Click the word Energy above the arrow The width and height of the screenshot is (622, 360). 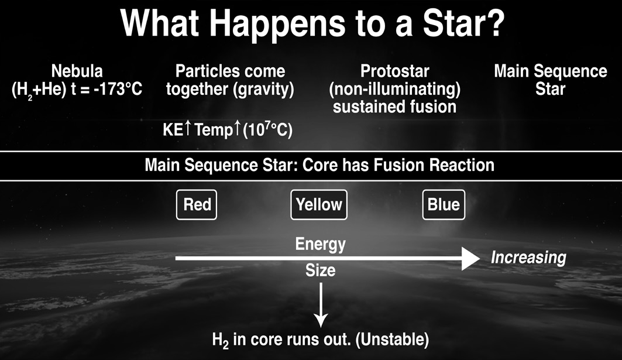(321, 244)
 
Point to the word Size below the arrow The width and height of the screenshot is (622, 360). (321, 270)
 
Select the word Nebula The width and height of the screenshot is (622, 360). (77, 71)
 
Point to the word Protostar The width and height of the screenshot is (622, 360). (395, 71)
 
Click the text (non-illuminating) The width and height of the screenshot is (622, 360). (395, 90)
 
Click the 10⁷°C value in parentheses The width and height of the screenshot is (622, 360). (267, 130)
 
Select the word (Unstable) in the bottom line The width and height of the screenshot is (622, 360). (392, 340)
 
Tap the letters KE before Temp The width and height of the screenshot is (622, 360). (173, 130)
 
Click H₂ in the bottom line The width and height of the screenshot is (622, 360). (221, 341)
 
